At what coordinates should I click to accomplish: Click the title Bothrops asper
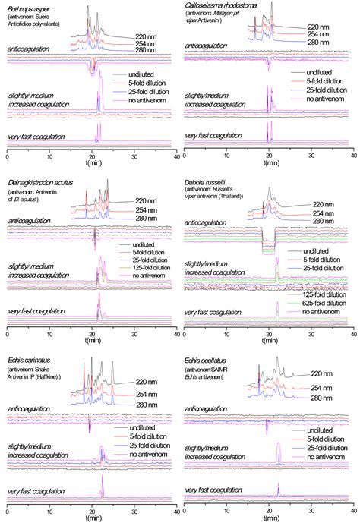click(x=28, y=6)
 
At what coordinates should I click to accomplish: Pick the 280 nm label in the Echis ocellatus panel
click(x=324, y=398)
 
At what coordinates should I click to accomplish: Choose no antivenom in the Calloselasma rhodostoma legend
click(x=324, y=99)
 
